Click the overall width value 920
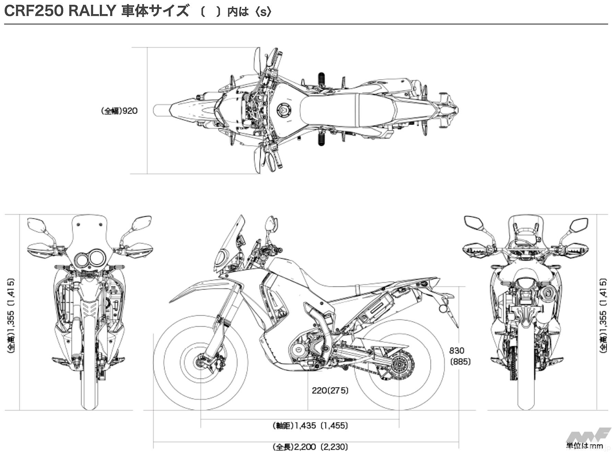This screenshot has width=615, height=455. coord(130,111)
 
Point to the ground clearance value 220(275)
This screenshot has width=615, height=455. coord(330,390)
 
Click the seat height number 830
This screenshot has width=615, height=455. coord(456,351)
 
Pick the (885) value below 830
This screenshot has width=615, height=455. coord(460,362)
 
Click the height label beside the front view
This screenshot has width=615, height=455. coord(11,315)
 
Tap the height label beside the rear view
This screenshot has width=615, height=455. coord(603,315)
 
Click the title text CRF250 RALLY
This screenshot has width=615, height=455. coord(60,11)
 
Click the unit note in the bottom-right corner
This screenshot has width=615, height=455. coord(584,446)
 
